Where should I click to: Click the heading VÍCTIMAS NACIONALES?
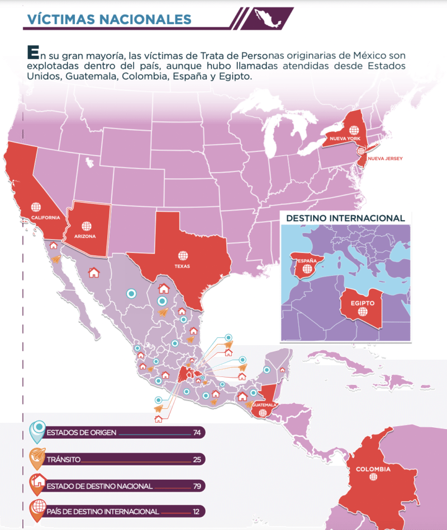(109, 18)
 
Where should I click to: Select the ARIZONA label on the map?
(85, 236)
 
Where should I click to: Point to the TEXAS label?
(182, 266)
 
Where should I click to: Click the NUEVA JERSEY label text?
(385, 159)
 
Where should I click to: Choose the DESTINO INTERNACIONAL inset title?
(345, 218)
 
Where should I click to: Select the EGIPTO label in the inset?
(362, 303)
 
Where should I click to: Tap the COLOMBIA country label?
(373, 470)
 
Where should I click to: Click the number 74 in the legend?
(196, 433)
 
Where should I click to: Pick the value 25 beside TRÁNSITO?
(196, 460)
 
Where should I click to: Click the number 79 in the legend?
(196, 486)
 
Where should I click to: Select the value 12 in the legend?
(196, 512)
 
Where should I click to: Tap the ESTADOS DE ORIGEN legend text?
(79, 433)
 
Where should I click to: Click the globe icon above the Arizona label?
(86, 226)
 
